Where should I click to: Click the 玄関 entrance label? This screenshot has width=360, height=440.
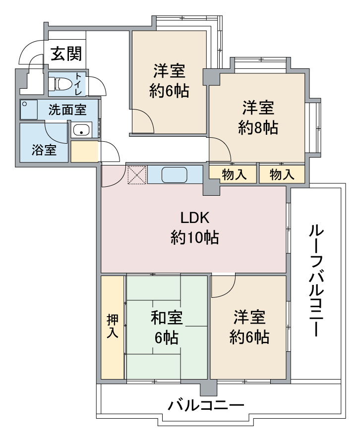(66, 54)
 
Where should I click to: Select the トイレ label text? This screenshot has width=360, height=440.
(78, 84)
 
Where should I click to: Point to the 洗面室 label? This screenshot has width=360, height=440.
(67, 110)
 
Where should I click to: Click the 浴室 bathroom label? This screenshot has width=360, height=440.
(44, 150)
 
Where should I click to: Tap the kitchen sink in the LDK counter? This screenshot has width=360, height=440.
(175, 175)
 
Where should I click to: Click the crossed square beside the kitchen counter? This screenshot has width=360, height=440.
(137, 175)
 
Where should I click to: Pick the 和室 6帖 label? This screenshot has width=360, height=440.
(167, 328)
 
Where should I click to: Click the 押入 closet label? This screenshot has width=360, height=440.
(113, 326)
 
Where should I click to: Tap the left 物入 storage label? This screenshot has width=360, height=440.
(234, 174)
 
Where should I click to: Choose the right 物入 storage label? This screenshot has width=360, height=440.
(282, 174)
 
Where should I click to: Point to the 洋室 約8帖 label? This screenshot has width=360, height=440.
(258, 118)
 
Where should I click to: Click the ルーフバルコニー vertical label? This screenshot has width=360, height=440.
(316, 280)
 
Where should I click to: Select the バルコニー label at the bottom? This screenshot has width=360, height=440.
(206, 405)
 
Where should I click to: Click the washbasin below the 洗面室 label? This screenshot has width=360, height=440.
(81, 130)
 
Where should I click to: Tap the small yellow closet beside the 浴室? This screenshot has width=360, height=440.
(84, 152)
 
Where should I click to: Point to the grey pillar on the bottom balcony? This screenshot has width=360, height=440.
(209, 387)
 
